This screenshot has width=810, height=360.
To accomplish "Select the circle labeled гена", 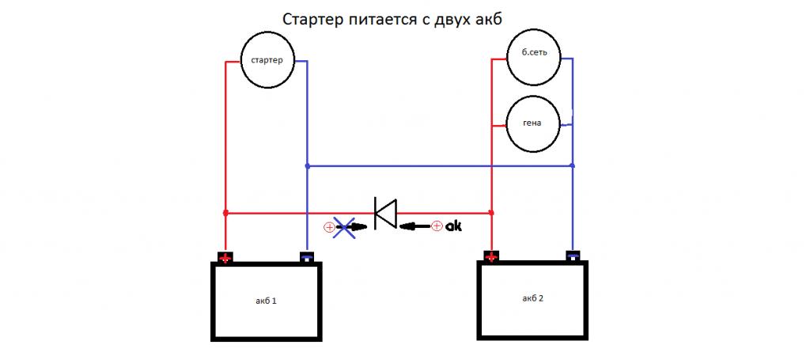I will pyautogui.click(x=533, y=124).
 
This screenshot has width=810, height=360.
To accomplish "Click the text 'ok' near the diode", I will pyautogui.click(x=453, y=226).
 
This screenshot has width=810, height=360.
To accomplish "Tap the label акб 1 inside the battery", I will pyautogui.click(x=266, y=301).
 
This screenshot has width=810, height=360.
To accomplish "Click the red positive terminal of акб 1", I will pyautogui.click(x=225, y=257).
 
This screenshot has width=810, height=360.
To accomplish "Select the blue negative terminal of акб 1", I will pyautogui.click(x=306, y=256).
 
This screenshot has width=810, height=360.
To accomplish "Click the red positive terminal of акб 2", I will pyautogui.click(x=492, y=256).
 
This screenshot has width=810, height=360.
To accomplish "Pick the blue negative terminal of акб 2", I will pyautogui.click(x=573, y=256).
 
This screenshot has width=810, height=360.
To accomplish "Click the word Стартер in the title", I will pyautogui.click(x=311, y=18).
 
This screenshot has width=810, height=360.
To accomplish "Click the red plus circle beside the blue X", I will pyautogui.click(x=329, y=228).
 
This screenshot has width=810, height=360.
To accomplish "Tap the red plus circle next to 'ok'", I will pyautogui.click(x=437, y=227).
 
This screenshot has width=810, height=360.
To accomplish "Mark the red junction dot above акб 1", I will pyautogui.click(x=225, y=213).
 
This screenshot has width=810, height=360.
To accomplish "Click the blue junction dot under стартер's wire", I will pyautogui.click(x=306, y=166).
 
